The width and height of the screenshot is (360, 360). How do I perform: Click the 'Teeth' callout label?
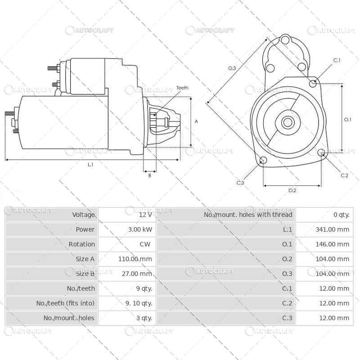(x=182, y=88)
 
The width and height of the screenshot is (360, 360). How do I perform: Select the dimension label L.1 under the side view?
(x=90, y=165)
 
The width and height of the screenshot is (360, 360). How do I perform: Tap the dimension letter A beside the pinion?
(x=196, y=121)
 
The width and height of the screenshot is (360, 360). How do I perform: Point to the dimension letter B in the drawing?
(x=149, y=175)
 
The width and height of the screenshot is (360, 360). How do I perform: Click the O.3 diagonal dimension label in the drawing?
(x=232, y=68)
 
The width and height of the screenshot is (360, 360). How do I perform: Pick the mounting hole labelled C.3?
(x=263, y=161)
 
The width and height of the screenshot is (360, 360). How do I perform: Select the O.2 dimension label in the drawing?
(x=292, y=190)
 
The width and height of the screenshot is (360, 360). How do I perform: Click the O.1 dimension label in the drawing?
(x=347, y=119)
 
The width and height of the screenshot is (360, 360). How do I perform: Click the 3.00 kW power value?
(x=140, y=229)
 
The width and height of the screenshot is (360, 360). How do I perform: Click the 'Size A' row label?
(x=85, y=259)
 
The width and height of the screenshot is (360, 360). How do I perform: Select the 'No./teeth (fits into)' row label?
(x=65, y=303)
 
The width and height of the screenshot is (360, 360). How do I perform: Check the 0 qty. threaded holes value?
(x=341, y=215)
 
